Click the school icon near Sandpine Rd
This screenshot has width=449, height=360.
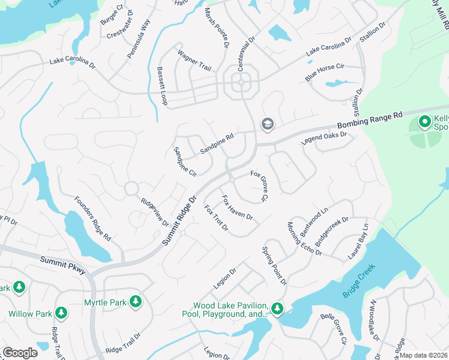tap(267, 124)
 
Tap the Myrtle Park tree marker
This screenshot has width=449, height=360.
tap(136, 301)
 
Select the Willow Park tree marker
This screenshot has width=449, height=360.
tap(61, 313)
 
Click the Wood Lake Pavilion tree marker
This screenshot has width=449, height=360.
tap(277, 309)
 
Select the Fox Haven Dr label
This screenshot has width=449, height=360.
tap(237, 208)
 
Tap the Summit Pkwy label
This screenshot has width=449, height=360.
tap(63, 265)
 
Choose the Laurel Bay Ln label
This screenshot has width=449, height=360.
tap(358, 242)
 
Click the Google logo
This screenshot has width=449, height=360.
tap(20, 353)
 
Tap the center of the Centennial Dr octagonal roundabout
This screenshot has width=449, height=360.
tap(241, 82)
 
